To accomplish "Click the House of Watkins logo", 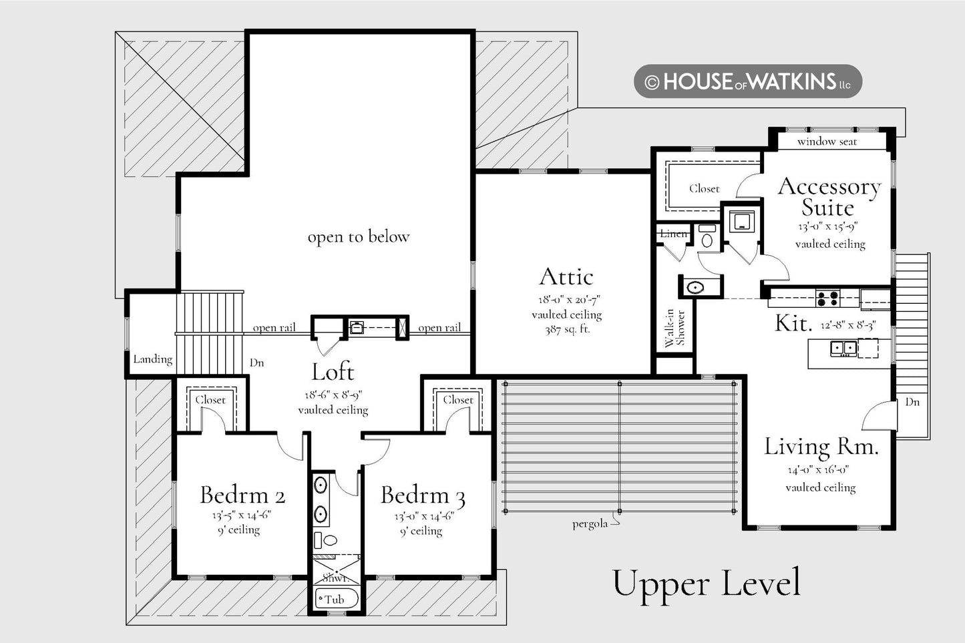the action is (x=748, y=81).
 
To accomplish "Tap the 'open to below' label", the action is (x=359, y=237).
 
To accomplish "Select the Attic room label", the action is (x=566, y=276).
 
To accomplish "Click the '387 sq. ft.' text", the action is (x=566, y=330).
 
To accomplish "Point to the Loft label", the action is (x=333, y=372).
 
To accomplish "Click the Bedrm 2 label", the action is (x=242, y=495).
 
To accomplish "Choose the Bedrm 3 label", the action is (x=423, y=495).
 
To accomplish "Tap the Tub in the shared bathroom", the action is (x=337, y=599).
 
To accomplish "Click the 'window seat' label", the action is (x=827, y=142).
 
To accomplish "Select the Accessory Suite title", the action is (x=829, y=197).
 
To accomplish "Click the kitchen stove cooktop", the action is (x=827, y=298).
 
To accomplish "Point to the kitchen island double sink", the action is (x=843, y=348).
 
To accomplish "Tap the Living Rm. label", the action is (x=821, y=447).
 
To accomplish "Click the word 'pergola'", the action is (x=590, y=524).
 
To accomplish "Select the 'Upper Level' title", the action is (x=707, y=584).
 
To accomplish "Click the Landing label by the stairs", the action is (x=152, y=359).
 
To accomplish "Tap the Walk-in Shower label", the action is (x=674, y=328).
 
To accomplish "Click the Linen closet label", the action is (x=673, y=234).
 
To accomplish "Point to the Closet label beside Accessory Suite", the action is (x=704, y=189).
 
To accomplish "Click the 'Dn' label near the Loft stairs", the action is (x=256, y=363).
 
